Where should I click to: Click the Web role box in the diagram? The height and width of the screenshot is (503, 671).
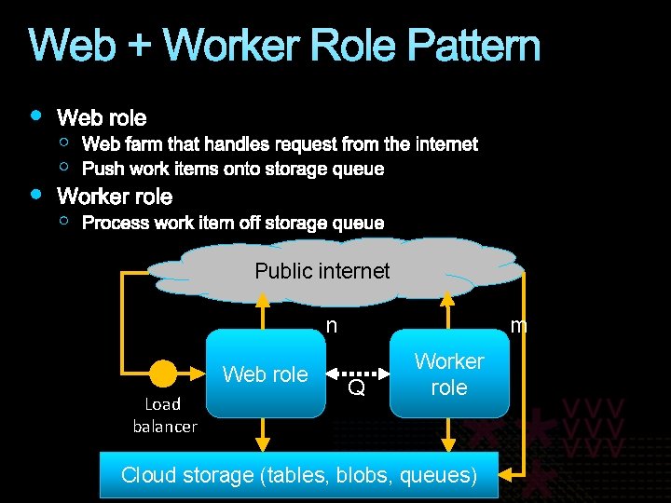click(265, 374)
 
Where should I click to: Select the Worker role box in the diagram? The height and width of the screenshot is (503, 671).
click(449, 374)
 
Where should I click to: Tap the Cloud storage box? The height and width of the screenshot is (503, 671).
click(299, 475)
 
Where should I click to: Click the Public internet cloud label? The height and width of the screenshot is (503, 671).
click(322, 271)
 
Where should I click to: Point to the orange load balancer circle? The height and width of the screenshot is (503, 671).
click(163, 374)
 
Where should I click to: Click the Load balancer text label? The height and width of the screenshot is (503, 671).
click(164, 415)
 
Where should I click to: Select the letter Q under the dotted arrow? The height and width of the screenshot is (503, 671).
click(356, 387)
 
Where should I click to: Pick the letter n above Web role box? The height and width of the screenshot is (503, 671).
click(331, 326)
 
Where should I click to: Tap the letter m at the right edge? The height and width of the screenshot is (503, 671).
click(519, 326)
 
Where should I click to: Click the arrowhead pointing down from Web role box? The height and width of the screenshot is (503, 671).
click(265, 435)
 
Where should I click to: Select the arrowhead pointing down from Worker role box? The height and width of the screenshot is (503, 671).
click(449, 435)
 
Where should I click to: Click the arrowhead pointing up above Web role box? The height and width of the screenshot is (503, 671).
click(265, 299)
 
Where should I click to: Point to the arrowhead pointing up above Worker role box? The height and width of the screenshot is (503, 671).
click(449, 299)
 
